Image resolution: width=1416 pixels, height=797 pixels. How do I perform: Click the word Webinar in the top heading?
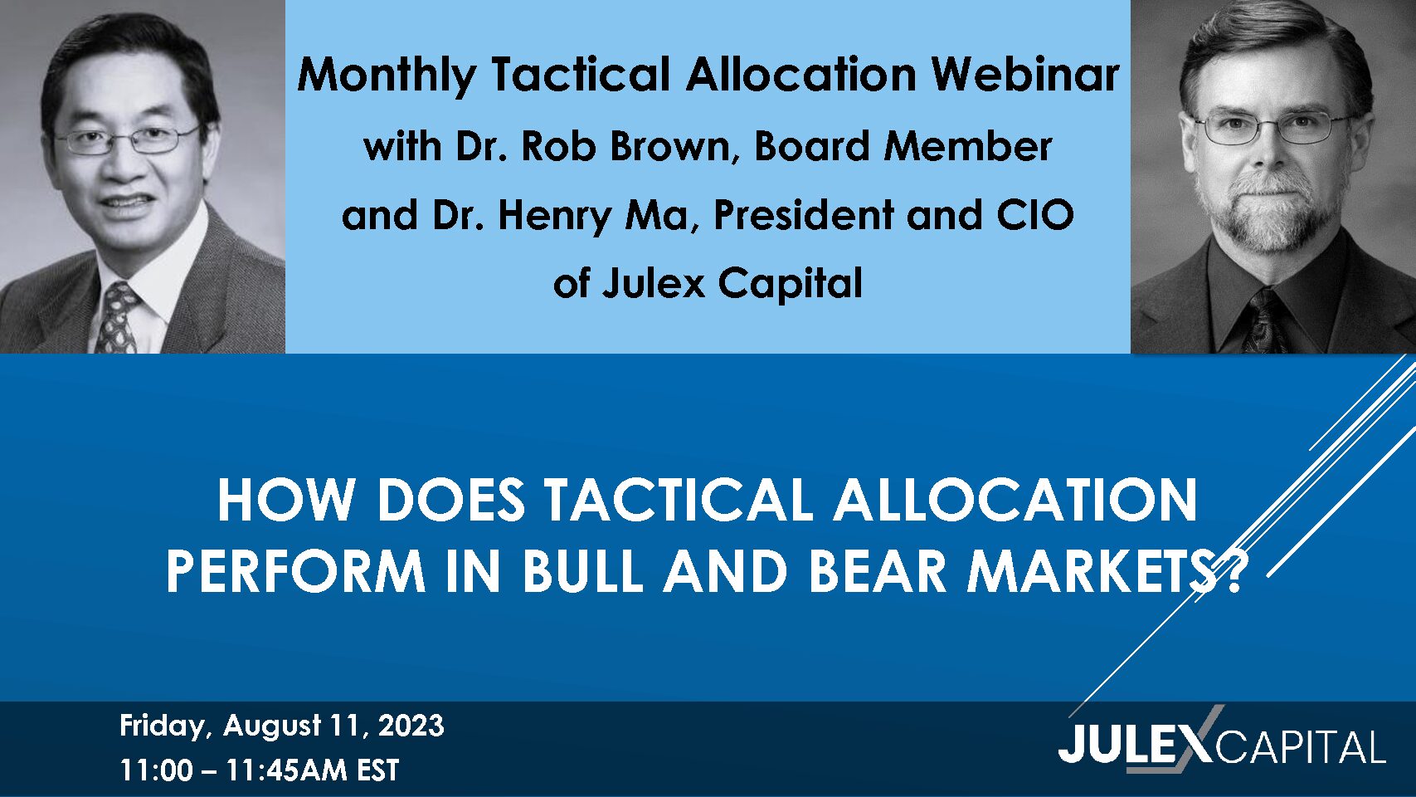(1024, 76)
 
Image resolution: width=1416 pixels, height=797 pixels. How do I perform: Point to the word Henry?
(554, 217)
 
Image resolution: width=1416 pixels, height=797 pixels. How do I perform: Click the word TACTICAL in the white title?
(678, 501)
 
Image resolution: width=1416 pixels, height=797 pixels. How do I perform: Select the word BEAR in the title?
(878, 570)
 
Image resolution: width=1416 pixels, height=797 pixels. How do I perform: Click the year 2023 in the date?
(411, 726)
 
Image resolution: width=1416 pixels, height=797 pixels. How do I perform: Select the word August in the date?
(272, 726)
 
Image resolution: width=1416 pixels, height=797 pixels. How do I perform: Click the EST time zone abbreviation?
(377, 770)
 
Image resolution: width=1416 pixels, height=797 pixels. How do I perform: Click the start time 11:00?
(156, 770)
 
